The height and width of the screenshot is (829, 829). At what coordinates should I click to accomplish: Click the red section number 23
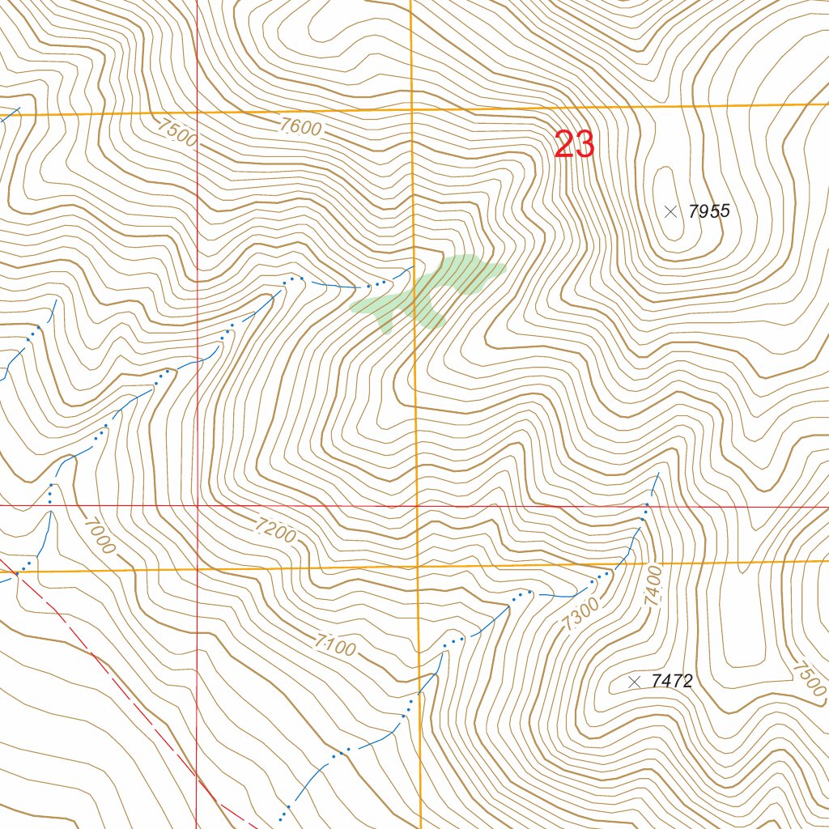pos(575,146)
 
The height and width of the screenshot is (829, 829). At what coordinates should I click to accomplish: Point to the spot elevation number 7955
pos(708,212)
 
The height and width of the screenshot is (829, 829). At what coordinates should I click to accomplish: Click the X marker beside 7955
pos(670,212)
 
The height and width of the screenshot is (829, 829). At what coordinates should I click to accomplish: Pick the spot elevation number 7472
pos(671,682)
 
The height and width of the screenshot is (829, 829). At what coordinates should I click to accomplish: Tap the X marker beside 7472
pos(634,682)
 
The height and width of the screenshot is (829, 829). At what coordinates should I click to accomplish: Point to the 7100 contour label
pos(335,646)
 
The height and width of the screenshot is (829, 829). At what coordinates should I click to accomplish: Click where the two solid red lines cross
pos(197,505)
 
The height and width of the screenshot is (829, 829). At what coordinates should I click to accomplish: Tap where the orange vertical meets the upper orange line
pos(411,108)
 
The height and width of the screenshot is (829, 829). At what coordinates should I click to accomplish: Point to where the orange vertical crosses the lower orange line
pos(418,568)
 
